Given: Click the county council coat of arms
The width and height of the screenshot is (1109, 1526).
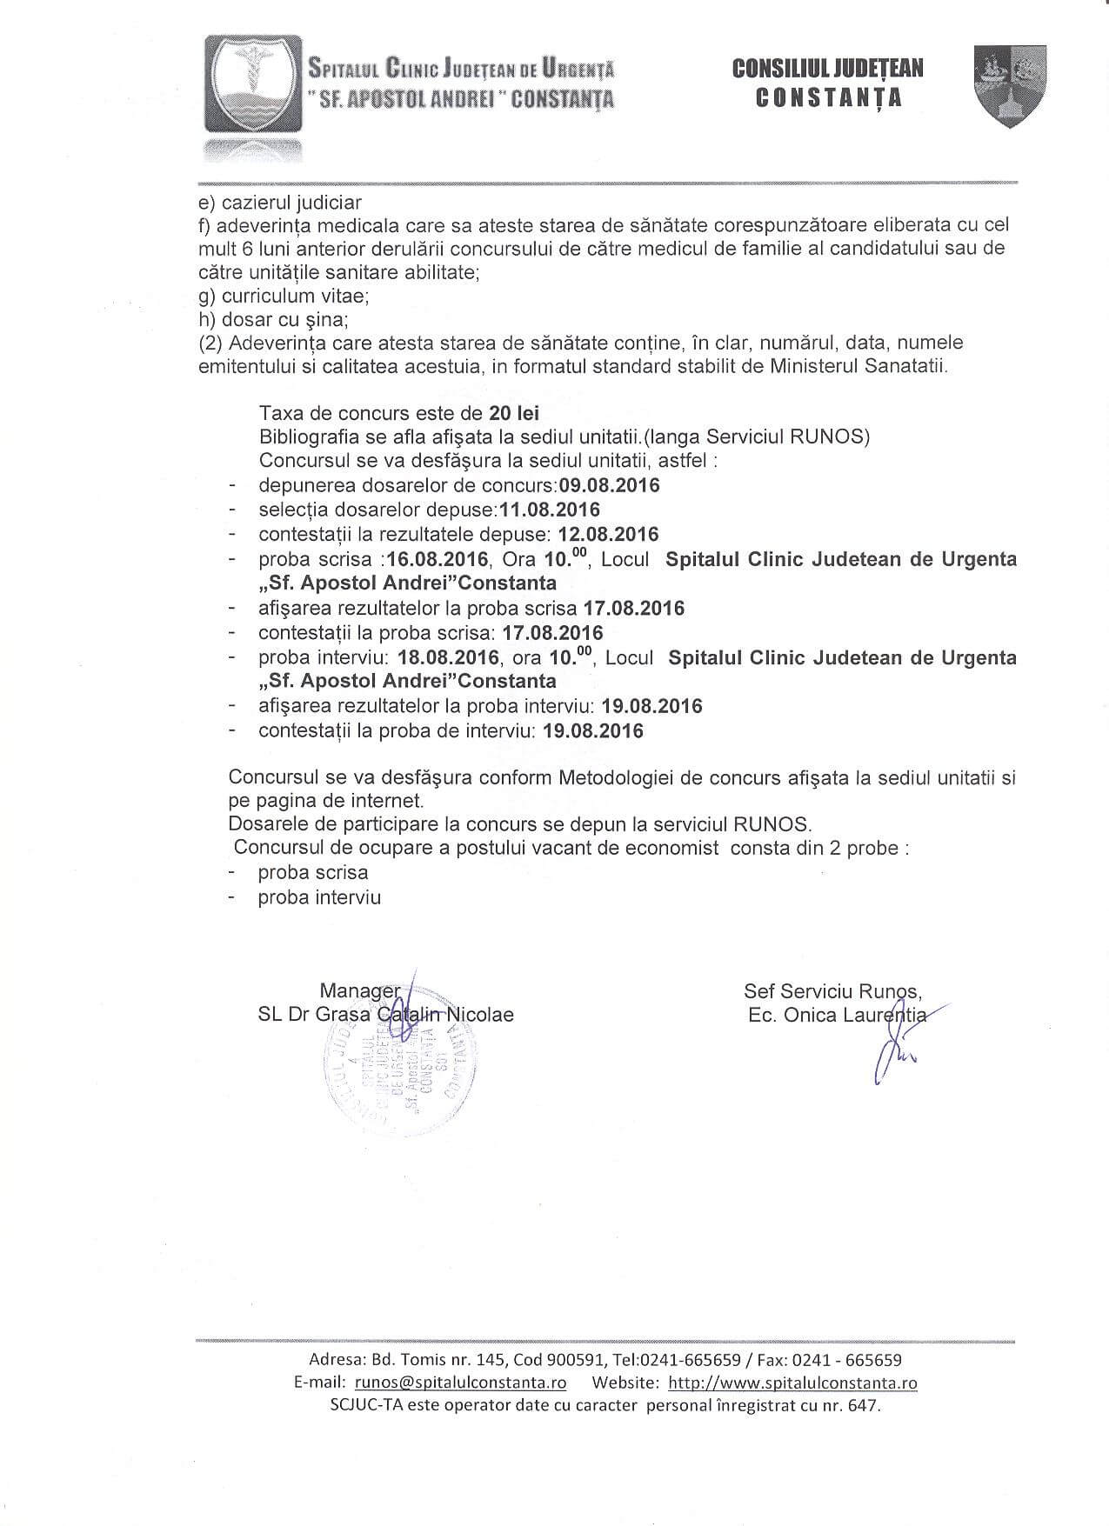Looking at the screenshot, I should [x=1010, y=86].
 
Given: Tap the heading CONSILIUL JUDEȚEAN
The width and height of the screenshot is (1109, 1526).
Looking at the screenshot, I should [x=828, y=69].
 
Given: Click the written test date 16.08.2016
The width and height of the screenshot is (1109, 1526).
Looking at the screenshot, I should [x=438, y=559].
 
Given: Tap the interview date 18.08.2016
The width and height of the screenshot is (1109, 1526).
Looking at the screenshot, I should [x=448, y=657].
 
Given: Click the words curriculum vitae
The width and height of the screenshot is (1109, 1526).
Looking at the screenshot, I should [x=296, y=296].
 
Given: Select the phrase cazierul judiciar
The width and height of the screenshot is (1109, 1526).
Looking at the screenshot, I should [x=291, y=203].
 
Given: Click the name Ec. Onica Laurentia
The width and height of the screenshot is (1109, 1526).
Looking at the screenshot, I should [x=838, y=1015].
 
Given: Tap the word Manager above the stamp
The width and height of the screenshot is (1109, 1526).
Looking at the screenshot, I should [x=359, y=990].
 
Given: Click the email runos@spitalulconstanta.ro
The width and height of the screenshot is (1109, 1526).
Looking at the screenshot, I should [x=461, y=1383].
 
